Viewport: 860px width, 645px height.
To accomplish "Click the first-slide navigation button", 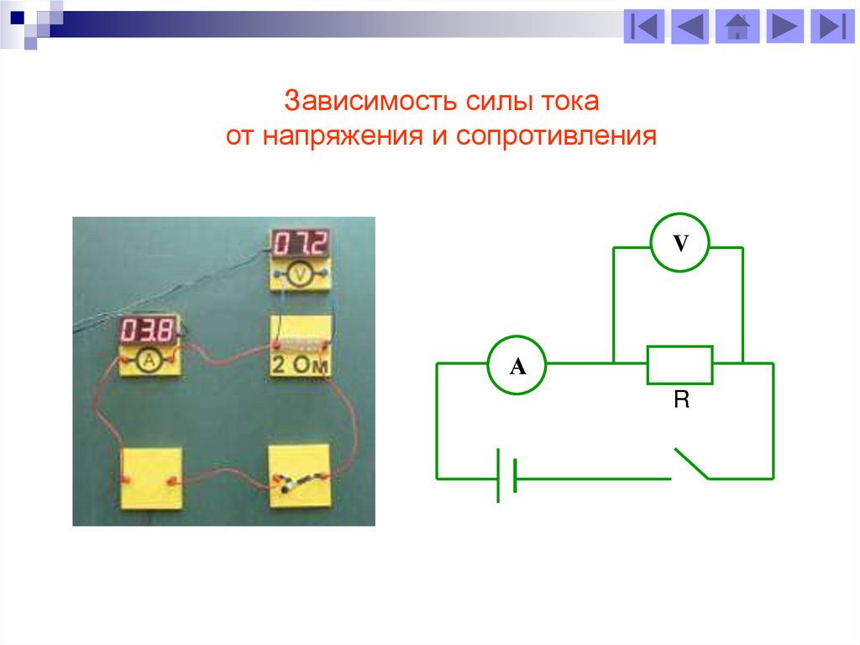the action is point(644,27).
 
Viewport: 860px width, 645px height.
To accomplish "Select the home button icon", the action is point(737,27).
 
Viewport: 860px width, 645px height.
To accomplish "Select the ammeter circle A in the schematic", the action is point(517,365).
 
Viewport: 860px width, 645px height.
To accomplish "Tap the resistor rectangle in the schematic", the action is point(679,364).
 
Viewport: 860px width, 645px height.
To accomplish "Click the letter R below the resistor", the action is point(681,400).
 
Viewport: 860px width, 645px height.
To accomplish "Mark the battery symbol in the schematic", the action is point(506,477).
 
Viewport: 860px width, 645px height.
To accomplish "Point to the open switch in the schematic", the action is point(690,464).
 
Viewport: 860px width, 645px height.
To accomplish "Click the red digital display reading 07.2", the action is point(301,244).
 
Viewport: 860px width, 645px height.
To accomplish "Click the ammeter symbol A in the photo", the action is point(149,360).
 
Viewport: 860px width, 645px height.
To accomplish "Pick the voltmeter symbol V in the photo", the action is point(300,273).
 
